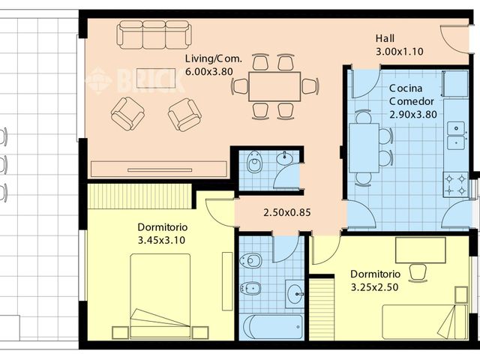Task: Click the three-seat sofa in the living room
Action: pos(154,34)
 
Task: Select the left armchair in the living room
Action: pos(127,113)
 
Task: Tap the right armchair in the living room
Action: pos(184,115)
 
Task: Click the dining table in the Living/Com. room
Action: pos(274,86)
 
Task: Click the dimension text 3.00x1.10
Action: pos(400,52)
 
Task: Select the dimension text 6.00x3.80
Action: pos(209,71)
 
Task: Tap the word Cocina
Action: pos(405,88)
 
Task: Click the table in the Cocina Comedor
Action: pos(363,146)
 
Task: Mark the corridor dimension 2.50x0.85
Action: pos(286,212)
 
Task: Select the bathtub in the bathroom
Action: pos(271,327)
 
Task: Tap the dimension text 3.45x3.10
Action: pos(161,240)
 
